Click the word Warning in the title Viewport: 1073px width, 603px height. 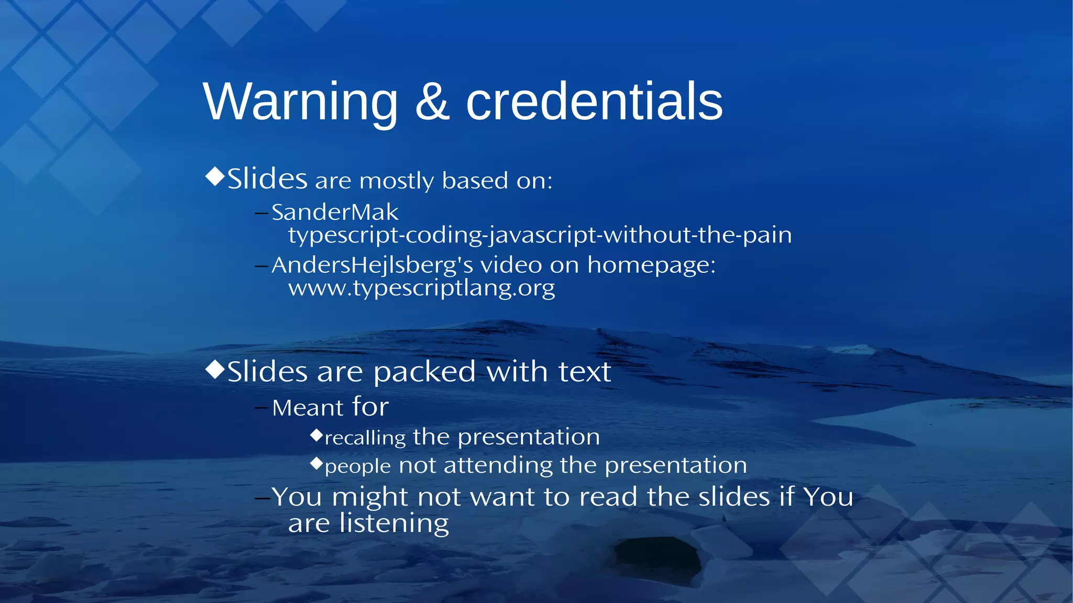(x=300, y=102)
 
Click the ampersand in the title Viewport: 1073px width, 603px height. (x=432, y=102)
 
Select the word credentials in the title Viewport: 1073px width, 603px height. (x=594, y=102)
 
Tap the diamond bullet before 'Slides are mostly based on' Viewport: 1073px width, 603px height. (x=215, y=176)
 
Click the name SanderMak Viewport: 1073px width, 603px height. (x=335, y=213)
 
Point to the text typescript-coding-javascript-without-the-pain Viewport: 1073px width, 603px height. (x=540, y=235)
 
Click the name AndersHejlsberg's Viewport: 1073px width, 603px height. (x=372, y=265)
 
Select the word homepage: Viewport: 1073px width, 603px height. (x=651, y=265)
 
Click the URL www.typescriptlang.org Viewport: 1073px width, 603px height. (x=421, y=288)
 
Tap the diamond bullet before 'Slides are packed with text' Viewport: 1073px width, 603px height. (x=215, y=370)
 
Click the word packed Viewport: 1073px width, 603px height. (x=424, y=373)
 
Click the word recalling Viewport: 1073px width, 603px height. (x=365, y=438)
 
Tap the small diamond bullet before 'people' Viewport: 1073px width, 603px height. (x=316, y=463)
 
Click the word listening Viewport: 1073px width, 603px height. (x=394, y=523)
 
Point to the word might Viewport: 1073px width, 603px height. (x=370, y=497)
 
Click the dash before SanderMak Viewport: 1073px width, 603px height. (x=261, y=213)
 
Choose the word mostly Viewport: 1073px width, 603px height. (x=397, y=182)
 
